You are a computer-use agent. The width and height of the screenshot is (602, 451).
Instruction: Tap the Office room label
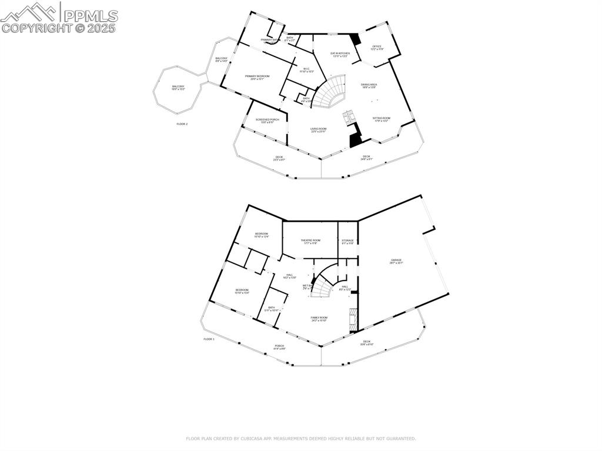[x=377, y=48]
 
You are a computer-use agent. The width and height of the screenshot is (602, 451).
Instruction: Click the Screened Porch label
[x=267, y=121]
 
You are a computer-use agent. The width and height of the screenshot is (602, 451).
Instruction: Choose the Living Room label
[x=319, y=130]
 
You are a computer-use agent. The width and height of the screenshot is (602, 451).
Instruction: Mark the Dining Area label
[x=369, y=85]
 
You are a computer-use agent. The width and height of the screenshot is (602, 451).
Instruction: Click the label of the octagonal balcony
[x=178, y=88]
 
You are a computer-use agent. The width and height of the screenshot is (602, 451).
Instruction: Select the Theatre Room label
[x=310, y=241]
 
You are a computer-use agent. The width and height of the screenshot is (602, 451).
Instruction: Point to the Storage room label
[x=348, y=241]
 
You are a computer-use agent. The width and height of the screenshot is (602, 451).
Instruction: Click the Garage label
[x=397, y=261]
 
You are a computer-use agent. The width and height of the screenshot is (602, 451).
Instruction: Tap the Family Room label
[x=319, y=319]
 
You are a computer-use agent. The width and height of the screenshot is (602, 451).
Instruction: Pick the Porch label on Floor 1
[x=279, y=347]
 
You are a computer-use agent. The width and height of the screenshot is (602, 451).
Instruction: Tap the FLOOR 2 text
[x=182, y=124]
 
